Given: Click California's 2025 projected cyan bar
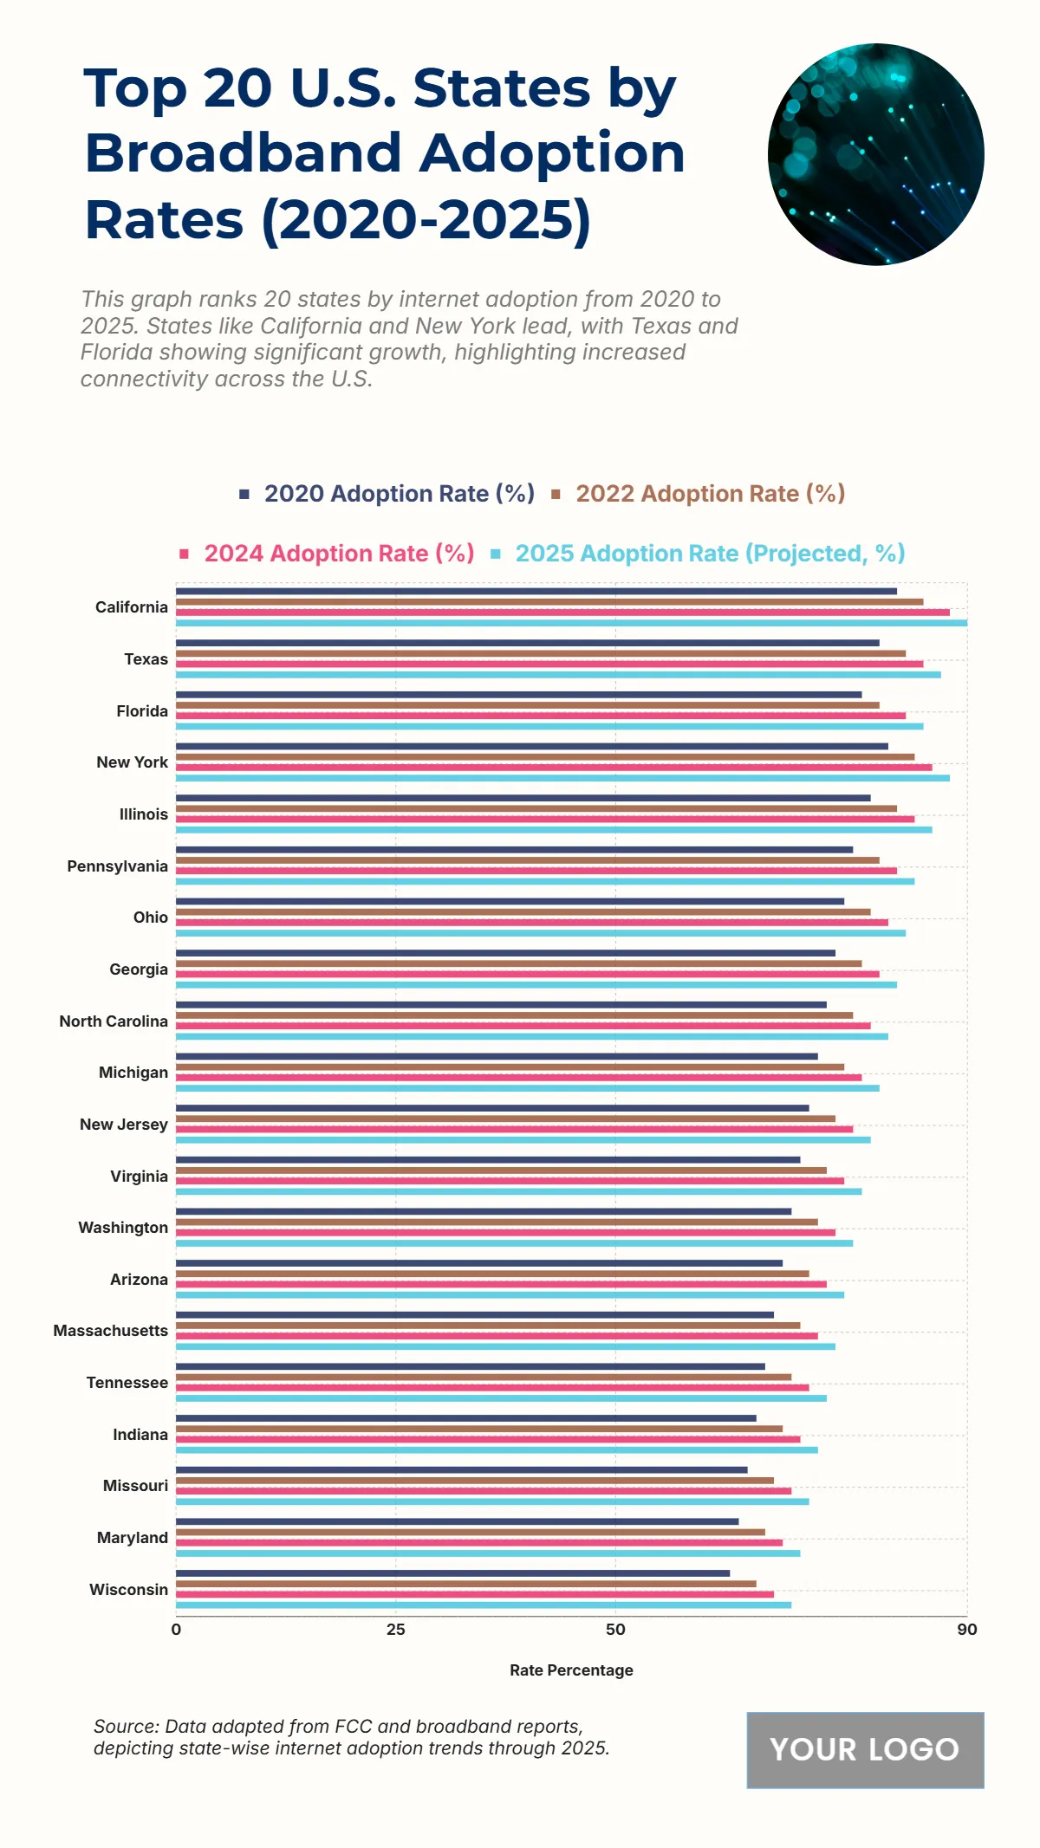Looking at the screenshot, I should pos(572,623).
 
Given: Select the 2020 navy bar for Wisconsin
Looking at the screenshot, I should pos(452,1573).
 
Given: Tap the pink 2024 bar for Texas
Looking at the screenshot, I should pos(549,664).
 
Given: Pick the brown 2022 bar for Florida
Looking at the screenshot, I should pos(527,705).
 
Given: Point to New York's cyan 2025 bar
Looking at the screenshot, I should pos(562,778).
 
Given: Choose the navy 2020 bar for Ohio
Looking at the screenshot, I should pos(510,901).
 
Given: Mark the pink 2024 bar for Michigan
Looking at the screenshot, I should pos(518,1077).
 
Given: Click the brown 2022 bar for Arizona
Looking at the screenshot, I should pos(492,1274).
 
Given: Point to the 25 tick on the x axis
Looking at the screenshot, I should pos(396,1630).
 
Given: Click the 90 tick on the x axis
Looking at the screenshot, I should pos(967,1630).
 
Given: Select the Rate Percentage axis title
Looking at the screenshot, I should pos(571,1670).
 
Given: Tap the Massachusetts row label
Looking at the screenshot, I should pos(111,1331).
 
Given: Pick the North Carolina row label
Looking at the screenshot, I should pos(114,1021).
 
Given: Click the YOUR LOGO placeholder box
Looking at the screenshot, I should pos(865,1750).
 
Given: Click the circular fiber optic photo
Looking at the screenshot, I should pos(875,154).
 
